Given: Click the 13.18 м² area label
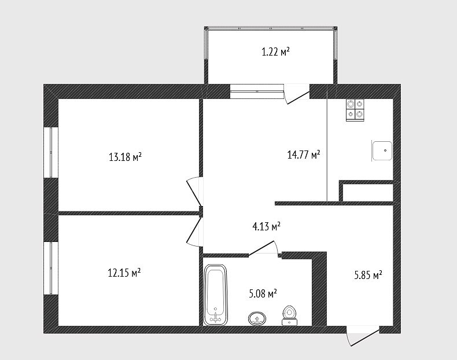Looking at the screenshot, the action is click(125, 157).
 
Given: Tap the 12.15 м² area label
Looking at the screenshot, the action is click(124, 273).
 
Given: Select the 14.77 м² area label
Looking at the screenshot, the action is click(304, 154).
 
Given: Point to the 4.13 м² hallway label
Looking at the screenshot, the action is click(266, 226).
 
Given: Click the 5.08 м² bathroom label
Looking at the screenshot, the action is click(263, 293).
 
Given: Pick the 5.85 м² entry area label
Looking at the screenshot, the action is click(368, 275).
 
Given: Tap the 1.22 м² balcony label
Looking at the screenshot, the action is click(276, 52).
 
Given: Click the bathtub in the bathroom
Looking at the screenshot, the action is click(215, 295).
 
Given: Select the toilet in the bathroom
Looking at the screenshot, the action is click(289, 315).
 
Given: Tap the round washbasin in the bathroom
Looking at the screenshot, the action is click(257, 318).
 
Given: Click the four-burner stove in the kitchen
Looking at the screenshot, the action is click(355, 109).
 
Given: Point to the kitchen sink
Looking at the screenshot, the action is click(382, 150).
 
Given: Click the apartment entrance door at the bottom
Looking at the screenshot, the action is click(363, 336).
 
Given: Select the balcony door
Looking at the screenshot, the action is click(297, 94).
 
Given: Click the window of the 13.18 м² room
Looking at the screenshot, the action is click(51, 152).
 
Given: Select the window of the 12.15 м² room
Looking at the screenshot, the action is click(51, 268).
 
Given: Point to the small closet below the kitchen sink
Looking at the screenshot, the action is click(368, 193).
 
